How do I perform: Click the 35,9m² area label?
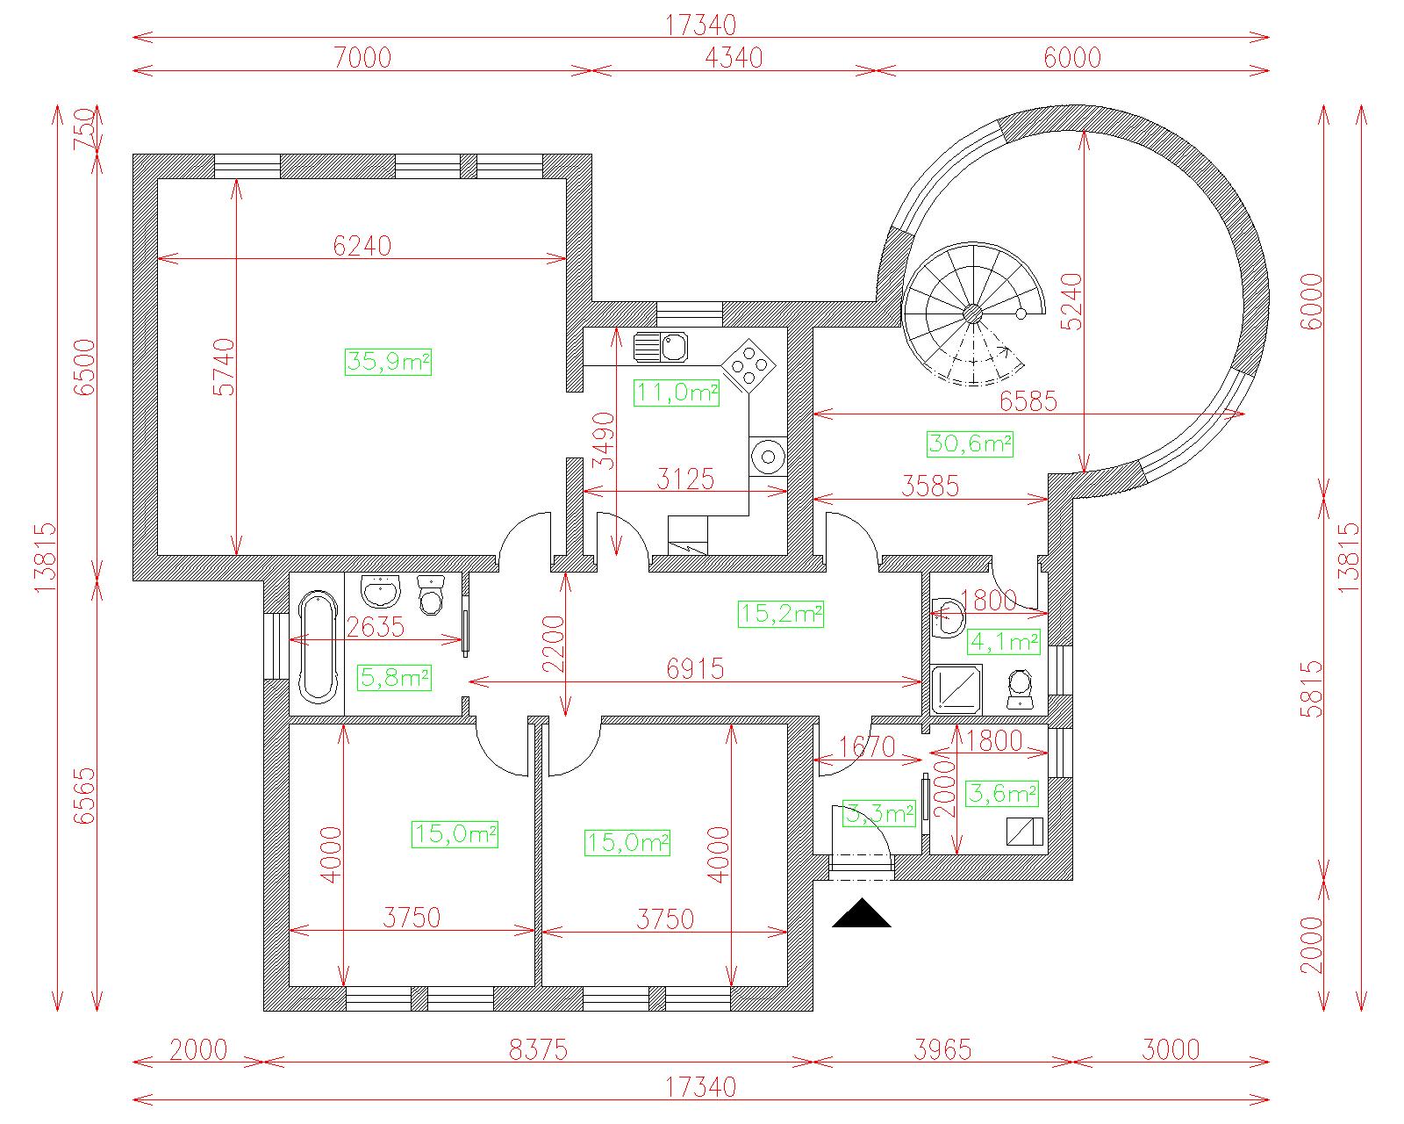coord(388,362)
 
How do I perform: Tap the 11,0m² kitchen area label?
coord(677,393)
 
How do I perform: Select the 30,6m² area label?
coord(971,444)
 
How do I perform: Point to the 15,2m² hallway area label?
coord(781,614)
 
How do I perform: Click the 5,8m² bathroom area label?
coord(396,678)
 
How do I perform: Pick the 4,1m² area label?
coord(1004,642)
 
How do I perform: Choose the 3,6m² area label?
coord(1002,794)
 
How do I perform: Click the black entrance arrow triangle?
coord(861,913)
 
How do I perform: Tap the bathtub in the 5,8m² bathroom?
coord(318,648)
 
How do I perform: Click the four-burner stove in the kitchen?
coord(749,366)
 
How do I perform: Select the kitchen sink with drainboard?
coord(660,347)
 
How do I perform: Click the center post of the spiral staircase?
coord(972,314)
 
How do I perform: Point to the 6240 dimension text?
coord(362,246)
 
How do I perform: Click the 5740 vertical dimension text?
coord(224,366)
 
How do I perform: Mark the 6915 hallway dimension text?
coord(696,669)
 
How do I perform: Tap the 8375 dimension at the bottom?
coord(538,1050)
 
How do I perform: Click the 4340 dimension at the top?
coord(734,58)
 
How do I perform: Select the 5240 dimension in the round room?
coord(1071,301)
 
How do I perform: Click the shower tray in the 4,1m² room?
coord(956,689)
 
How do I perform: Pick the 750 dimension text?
coord(85,129)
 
